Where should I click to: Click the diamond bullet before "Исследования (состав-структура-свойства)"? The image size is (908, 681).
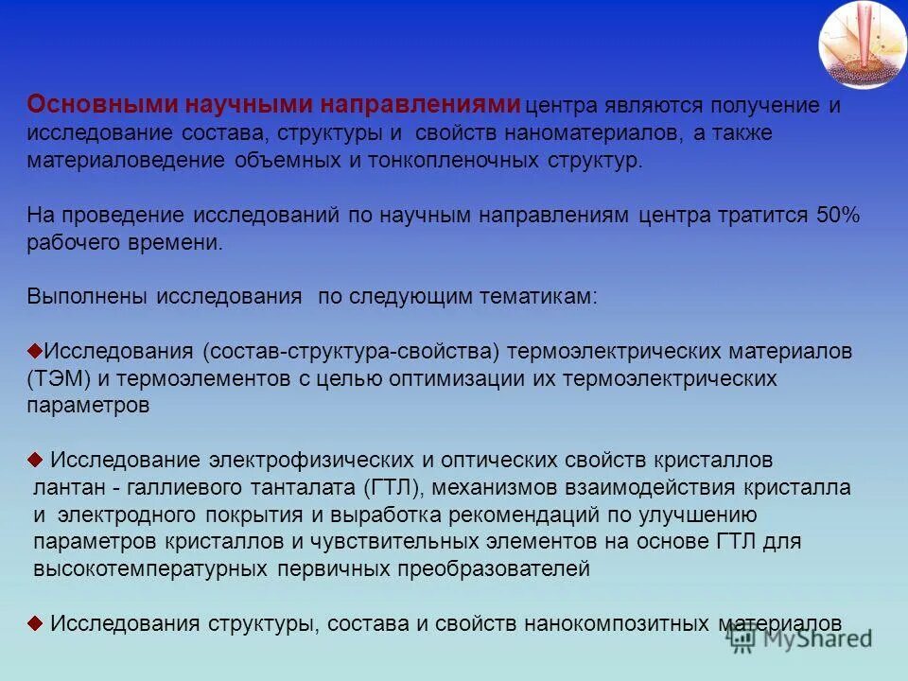(35, 349)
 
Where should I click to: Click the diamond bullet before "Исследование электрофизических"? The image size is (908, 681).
(35, 460)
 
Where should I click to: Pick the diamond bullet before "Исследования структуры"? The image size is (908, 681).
(35, 622)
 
